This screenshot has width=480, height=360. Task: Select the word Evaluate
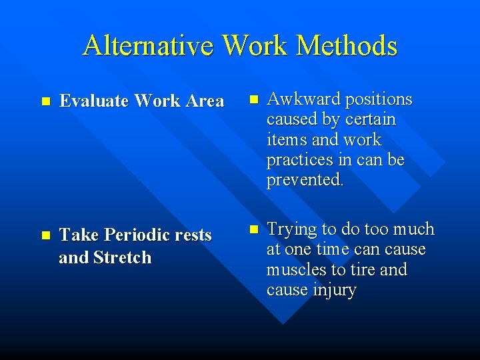click(94, 101)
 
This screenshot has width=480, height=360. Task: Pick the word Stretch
click(123, 257)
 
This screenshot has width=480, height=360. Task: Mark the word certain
click(371, 120)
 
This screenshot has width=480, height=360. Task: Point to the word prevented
click(305, 181)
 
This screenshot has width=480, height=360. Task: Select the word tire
click(365, 270)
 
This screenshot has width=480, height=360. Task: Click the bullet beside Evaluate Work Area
click(45, 102)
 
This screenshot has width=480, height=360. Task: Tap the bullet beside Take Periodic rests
click(45, 236)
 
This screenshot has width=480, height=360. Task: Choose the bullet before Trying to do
click(252, 229)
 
